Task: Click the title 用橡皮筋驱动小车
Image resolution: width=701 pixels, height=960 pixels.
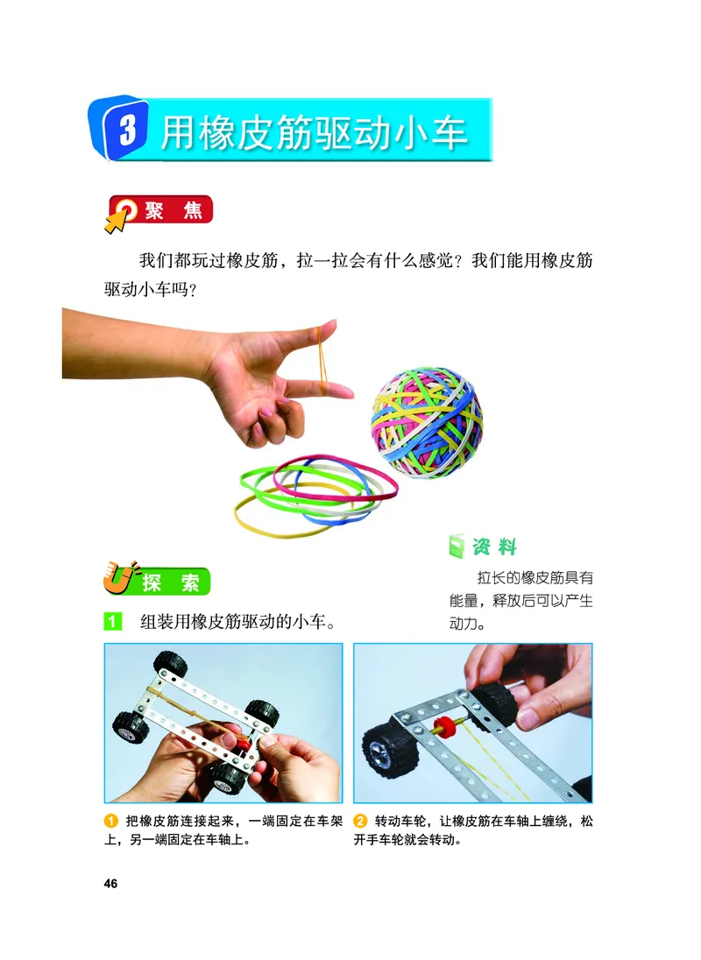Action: tap(314, 132)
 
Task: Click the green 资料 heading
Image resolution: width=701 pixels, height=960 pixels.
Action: tap(495, 547)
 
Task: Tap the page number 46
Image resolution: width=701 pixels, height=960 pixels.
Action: tap(110, 882)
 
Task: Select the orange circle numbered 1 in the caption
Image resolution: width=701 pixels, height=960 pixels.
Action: tap(110, 821)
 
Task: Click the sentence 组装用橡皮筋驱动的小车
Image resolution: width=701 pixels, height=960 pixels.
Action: tap(238, 623)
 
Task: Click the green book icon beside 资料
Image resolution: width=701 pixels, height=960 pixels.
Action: tap(456, 547)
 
